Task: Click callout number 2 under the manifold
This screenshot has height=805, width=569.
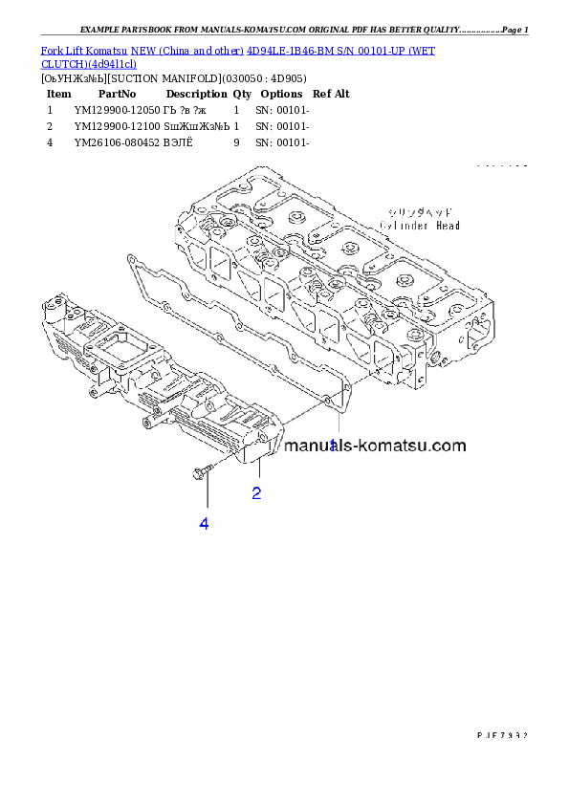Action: point(256,493)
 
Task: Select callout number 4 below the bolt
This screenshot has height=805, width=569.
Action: point(204,523)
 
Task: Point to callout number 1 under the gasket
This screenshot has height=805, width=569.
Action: point(333,445)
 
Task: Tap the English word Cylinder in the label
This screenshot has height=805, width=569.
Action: point(405,226)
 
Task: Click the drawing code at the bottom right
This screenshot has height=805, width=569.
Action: point(502,735)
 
